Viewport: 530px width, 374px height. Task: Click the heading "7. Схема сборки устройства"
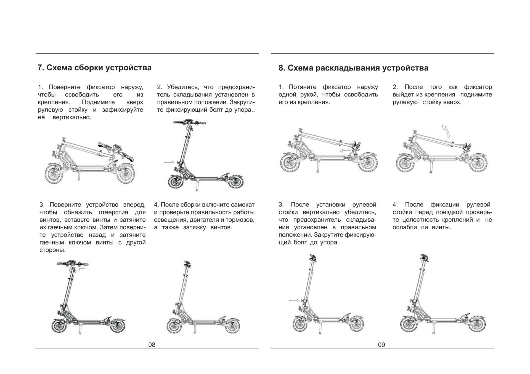click(x=94, y=68)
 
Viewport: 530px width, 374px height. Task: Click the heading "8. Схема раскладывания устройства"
click(x=353, y=68)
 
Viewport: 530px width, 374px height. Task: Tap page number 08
click(x=152, y=345)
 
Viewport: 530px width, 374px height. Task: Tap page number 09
click(x=381, y=345)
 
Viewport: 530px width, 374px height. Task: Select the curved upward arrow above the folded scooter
click(x=446, y=131)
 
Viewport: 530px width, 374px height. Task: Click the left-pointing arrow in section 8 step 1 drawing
click(x=345, y=151)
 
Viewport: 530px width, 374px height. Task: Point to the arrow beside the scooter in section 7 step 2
click(x=169, y=162)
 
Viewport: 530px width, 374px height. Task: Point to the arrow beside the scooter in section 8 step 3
click(x=294, y=300)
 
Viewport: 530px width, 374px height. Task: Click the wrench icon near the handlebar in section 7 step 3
click(x=82, y=268)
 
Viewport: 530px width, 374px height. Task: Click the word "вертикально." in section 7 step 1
click(x=72, y=117)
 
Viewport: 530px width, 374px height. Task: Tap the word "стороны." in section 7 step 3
click(x=52, y=250)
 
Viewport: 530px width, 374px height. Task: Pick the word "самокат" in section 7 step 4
click(x=243, y=205)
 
